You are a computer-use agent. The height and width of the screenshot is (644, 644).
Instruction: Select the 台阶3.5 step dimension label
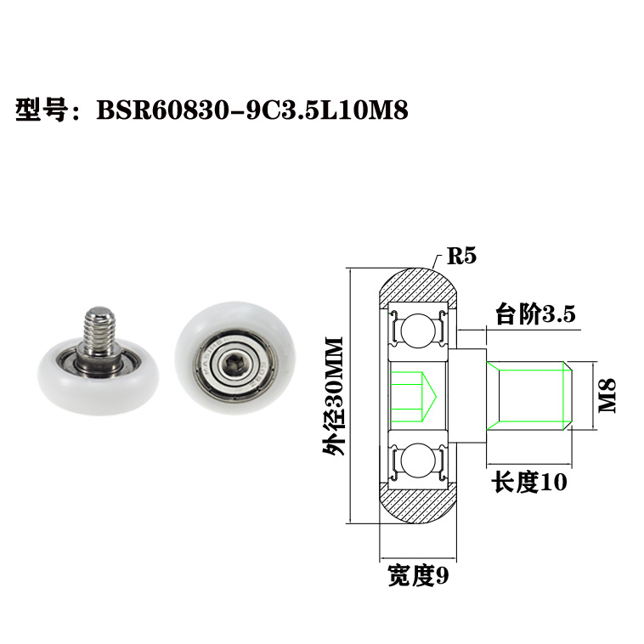click(535, 315)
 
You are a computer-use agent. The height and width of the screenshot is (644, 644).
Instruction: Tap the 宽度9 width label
click(417, 577)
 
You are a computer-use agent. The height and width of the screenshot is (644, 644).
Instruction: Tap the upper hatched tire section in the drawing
click(418, 285)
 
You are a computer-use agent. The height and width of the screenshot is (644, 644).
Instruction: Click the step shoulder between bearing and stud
click(472, 396)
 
